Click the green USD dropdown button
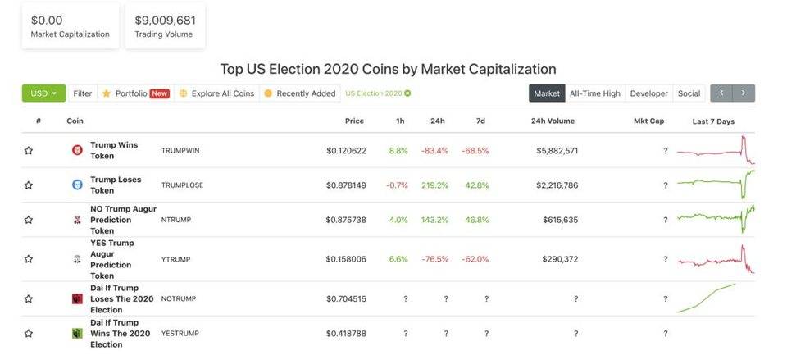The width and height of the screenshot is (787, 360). tap(43, 93)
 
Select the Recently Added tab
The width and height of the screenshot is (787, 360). tap(300, 93)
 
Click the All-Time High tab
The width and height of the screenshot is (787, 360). tap(594, 93)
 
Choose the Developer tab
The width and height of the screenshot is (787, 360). tap(648, 93)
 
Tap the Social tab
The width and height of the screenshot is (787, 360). tap(689, 93)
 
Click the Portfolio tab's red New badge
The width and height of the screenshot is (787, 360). tap(159, 93)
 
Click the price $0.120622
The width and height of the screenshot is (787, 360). tap(346, 151)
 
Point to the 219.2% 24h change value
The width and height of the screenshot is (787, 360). tap(434, 185)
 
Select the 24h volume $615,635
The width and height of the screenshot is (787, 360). tap(560, 220)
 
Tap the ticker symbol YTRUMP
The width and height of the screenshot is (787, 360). tap(175, 259)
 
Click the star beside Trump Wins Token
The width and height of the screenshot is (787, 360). tap(29, 151)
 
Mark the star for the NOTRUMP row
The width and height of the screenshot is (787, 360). tap(29, 299)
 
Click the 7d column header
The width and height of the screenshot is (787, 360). tap(480, 121)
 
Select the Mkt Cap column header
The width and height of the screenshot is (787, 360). tap(648, 121)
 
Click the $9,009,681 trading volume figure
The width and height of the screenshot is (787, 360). tap(165, 19)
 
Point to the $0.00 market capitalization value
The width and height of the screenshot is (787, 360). tap(47, 19)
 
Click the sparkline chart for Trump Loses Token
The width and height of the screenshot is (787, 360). tap(716, 184)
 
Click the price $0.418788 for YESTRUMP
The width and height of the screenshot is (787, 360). tap(346, 334)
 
